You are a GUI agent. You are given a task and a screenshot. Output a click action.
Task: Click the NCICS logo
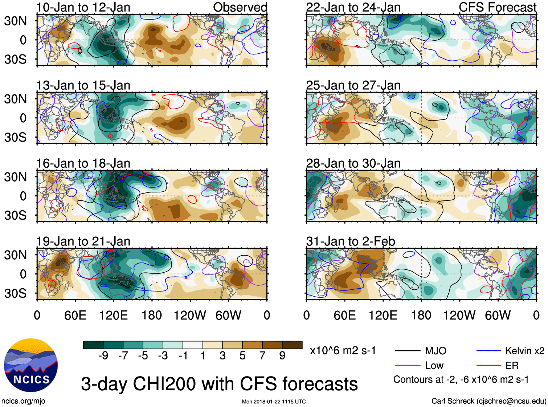pyautogui.click(x=31, y=365)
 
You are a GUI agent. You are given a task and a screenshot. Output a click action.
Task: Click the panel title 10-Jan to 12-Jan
pyautogui.click(x=83, y=7)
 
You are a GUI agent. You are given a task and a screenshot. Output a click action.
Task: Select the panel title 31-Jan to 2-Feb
pyautogui.click(x=351, y=241)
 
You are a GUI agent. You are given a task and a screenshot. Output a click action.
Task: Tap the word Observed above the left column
pyautogui.click(x=240, y=7)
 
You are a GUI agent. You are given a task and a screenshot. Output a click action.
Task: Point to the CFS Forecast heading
pyautogui.click(x=497, y=7)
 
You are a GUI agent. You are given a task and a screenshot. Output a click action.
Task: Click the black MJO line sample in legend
pyautogui.click(x=408, y=351)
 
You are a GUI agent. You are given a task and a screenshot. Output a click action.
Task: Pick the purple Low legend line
pyautogui.click(x=408, y=366)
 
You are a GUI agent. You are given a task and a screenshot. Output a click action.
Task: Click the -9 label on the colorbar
pyautogui.click(x=103, y=356)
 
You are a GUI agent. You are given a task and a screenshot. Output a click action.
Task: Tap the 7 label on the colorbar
pyautogui.click(x=262, y=356)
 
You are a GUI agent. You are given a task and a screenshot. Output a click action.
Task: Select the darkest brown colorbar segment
pyautogui.click(x=292, y=345)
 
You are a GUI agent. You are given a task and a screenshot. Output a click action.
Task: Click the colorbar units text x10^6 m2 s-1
pyautogui.click(x=343, y=351)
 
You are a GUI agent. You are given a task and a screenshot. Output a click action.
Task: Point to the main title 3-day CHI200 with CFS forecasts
pyautogui.click(x=219, y=384)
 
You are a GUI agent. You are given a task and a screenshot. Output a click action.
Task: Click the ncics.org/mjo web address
pyautogui.click(x=23, y=401)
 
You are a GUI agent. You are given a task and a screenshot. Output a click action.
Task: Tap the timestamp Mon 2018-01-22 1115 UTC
pyautogui.click(x=274, y=402)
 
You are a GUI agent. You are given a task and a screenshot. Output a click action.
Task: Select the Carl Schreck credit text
pyautogui.click(x=488, y=401)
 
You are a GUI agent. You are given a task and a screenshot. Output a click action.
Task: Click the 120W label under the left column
pyautogui.click(x=189, y=316)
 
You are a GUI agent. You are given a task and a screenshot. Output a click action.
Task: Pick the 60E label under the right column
pyautogui.click(x=344, y=316)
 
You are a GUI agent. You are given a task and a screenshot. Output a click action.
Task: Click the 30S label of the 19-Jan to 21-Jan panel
pyautogui.click(x=16, y=293)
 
